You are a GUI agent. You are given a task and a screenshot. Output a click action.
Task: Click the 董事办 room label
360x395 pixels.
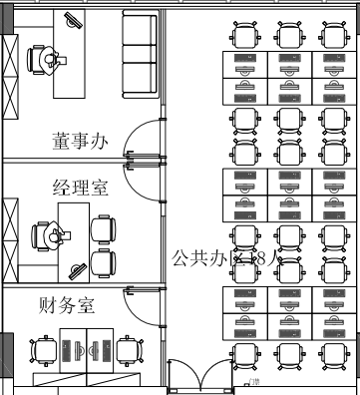[x=80, y=142]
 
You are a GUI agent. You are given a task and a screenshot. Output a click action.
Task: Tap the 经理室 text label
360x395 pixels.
[x=80, y=187]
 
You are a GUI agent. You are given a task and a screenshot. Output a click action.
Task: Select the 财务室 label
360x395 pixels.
[x=67, y=305]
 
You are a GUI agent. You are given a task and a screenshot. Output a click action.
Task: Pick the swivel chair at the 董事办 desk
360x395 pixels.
[x=44, y=60]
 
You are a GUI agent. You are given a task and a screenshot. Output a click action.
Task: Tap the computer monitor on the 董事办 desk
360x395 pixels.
[x=71, y=23]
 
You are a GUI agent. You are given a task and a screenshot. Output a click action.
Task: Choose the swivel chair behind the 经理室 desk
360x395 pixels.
[x=47, y=234]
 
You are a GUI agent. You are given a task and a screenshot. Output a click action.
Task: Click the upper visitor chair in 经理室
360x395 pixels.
[x=103, y=229]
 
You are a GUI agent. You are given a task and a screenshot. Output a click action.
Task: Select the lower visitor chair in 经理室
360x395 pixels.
[x=103, y=261]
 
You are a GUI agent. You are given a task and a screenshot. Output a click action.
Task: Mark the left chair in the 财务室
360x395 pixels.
[x=44, y=351]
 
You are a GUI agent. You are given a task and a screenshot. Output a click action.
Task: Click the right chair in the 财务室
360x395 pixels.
[x=127, y=351]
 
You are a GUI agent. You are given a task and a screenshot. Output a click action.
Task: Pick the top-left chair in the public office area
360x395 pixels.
[x=243, y=36]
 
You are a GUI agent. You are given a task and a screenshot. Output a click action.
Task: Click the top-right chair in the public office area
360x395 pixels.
[x=332, y=36]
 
